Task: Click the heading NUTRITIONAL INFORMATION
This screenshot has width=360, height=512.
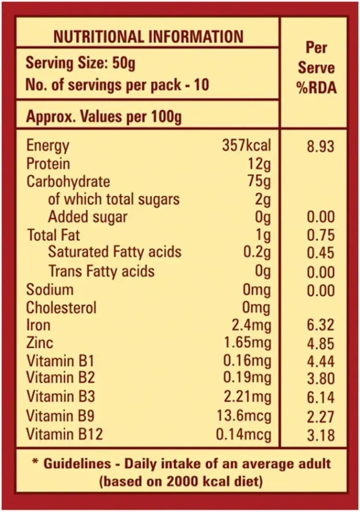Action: click(x=148, y=37)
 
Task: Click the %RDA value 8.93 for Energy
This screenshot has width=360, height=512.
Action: click(x=320, y=146)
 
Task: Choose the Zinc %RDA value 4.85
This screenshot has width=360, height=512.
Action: click(x=320, y=344)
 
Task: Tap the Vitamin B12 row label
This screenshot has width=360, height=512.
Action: click(x=64, y=435)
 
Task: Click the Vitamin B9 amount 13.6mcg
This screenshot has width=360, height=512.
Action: click(x=244, y=416)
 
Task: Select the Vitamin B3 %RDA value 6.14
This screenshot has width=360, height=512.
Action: click(x=320, y=398)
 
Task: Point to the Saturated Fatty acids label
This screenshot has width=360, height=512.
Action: click(x=115, y=253)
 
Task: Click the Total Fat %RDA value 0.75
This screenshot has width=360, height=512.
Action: click(x=320, y=236)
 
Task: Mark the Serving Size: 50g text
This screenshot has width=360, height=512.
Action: click(x=80, y=63)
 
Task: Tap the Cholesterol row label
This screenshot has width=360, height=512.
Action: click(x=62, y=308)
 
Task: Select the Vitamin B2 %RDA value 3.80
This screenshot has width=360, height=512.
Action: click(x=320, y=380)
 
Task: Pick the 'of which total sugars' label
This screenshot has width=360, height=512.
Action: click(x=114, y=199)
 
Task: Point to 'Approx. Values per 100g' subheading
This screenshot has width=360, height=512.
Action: click(x=103, y=116)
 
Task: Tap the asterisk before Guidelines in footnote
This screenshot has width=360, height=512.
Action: click(x=35, y=463)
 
